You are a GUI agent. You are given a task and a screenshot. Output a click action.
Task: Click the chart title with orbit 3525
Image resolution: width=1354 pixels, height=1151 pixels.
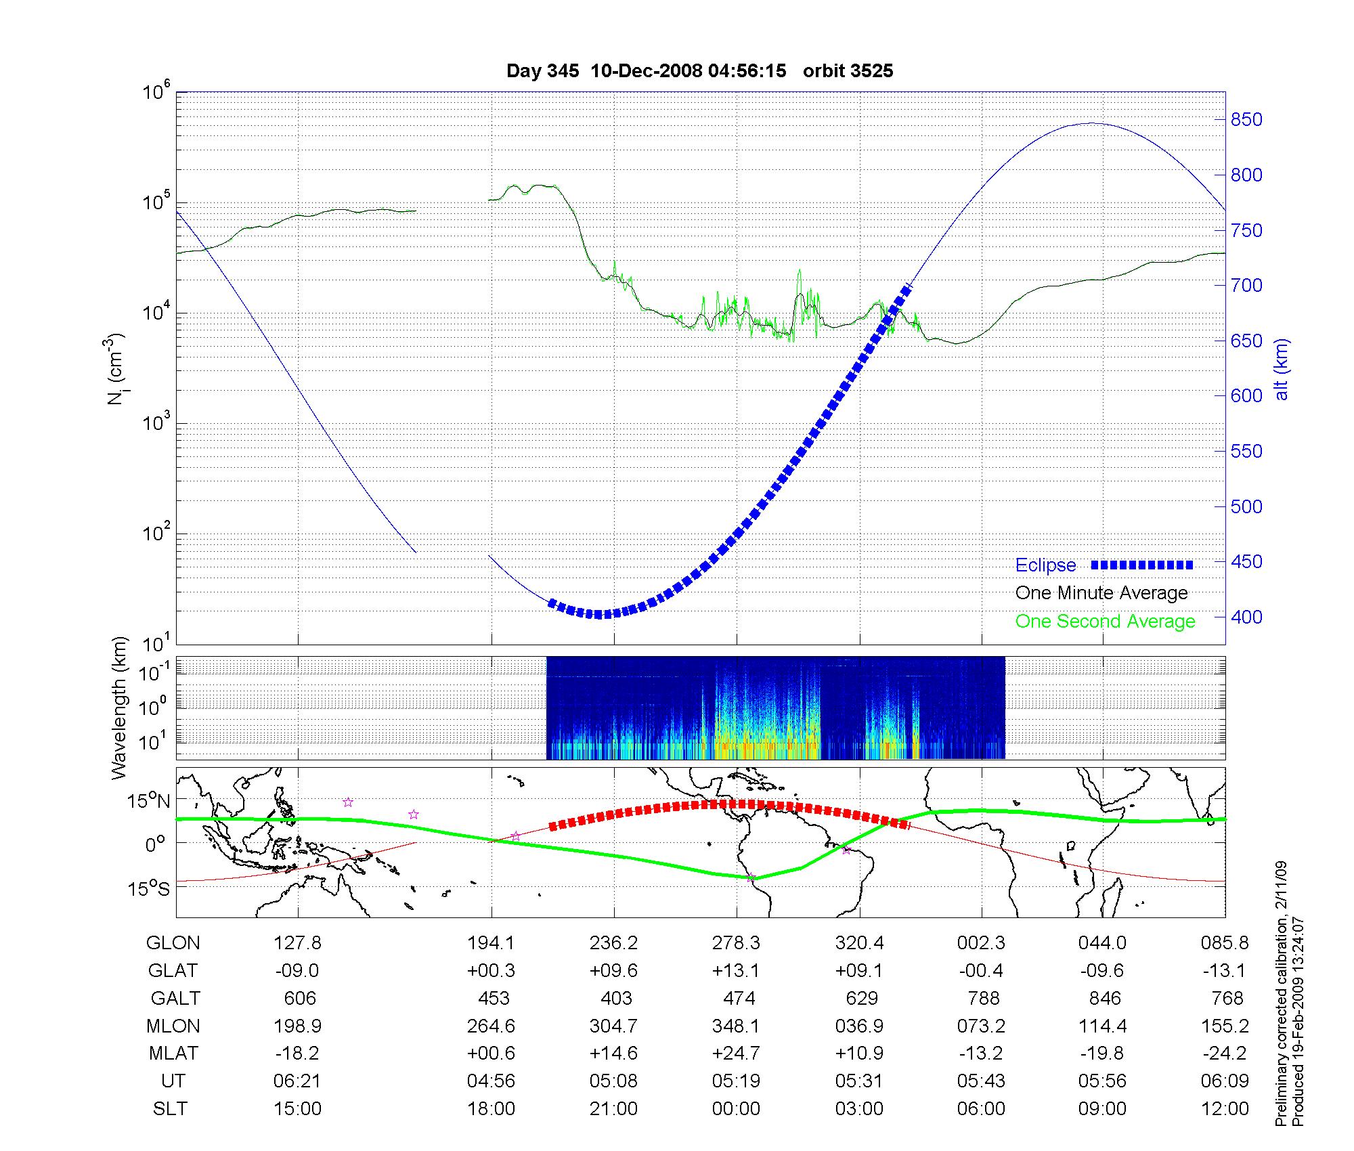coord(699,71)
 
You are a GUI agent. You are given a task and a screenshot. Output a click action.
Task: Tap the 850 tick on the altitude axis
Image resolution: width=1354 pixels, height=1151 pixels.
coord(1246,120)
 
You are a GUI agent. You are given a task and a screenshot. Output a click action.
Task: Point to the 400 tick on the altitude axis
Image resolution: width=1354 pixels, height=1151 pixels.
coord(1246,617)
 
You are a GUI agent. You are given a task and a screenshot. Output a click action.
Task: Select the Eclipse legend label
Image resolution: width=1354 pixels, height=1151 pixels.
coord(1045,565)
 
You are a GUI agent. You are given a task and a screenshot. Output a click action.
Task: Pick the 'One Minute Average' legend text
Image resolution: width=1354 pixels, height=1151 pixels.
coord(1101,593)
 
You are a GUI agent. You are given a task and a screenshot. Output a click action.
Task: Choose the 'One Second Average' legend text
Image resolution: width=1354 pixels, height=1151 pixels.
coord(1105,622)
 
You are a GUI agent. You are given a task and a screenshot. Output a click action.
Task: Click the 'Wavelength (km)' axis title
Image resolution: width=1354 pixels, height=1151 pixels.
coord(120,708)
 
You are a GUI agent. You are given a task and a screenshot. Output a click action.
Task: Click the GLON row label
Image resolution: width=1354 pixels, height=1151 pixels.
coord(173,943)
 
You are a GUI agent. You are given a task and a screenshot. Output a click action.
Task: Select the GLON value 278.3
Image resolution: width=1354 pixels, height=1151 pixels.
coord(736,943)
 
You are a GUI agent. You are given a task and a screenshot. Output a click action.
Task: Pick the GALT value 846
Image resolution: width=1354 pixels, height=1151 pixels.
coord(1104,999)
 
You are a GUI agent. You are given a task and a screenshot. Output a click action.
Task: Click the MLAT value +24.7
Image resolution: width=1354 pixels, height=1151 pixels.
coord(736,1054)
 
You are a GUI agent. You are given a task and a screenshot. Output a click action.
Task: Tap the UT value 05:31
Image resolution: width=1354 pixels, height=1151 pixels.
coord(859,1081)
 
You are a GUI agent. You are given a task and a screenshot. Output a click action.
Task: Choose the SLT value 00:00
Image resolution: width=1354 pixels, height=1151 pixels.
coord(736,1109)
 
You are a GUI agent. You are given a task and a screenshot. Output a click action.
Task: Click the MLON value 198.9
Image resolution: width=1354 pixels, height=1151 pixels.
coord(297,1026)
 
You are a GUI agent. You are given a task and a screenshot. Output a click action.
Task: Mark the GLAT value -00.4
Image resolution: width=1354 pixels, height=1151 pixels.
coord(981,971)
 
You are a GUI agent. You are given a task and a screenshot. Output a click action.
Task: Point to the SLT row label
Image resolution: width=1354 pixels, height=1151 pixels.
coord(170,1109)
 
